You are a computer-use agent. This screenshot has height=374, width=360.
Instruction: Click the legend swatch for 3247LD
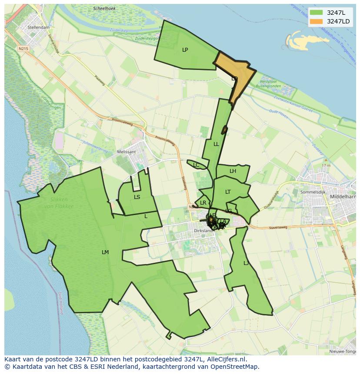pos(316,21)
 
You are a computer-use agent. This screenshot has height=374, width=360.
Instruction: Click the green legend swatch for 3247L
pos(316,12)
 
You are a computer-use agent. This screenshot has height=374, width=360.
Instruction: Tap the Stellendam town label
pos(39,27)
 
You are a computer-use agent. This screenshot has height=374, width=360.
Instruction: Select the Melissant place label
pos(127,152)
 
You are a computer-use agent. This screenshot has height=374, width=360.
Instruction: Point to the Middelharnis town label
pos(343,196)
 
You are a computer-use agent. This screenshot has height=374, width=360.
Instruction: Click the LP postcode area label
pos(185,50)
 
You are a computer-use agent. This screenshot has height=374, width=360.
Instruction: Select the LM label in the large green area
pos(105,252)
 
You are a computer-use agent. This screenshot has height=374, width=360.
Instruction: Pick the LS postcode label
pos(137,197)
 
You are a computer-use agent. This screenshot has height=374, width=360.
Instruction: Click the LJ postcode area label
pos(246,263)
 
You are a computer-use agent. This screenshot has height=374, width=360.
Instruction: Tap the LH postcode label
pos(233,171)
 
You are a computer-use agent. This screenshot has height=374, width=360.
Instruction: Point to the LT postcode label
pos(228,192)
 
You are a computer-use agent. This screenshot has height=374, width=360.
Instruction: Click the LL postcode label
pos(216,144)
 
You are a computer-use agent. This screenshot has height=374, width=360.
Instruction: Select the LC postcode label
pos(196,165)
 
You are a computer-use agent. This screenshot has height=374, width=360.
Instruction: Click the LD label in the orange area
pos(234,79)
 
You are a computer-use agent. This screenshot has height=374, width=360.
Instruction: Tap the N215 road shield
pos(23,49)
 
